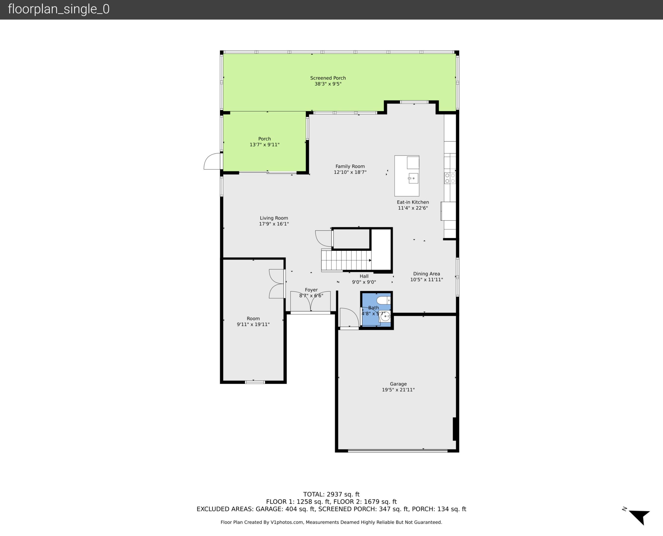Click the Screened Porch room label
point(328,78)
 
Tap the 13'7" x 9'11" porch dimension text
point(265,144)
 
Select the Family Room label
point(350,167)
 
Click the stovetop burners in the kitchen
point(450,178)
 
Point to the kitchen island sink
point(413,178)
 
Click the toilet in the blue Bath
point(383,300)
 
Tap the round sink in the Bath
point(385,316)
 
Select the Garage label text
point(398,384)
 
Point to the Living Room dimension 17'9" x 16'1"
point(274,224)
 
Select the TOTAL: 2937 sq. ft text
point(331,494)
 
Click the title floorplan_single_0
point(59,9)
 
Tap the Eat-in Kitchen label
point(413,202)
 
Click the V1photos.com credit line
point(331,522)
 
